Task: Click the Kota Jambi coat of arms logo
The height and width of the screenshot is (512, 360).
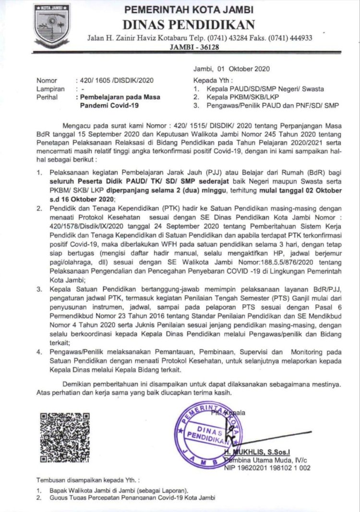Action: tap(51, 24)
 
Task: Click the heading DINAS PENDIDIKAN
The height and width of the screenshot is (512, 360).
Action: tap(189, 24)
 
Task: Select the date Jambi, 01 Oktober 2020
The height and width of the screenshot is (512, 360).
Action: tap(231, 69)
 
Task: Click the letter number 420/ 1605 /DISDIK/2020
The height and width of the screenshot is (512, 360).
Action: tap(115, 81)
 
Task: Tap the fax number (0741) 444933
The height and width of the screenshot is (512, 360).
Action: tap(289, 38)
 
